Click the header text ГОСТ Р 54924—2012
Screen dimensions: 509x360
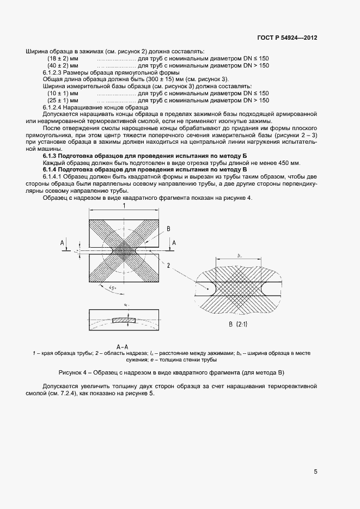(288, 38)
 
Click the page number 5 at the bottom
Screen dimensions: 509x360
(316, 472)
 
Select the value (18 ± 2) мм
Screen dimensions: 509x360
(63, 58)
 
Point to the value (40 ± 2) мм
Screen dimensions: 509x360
(63, 65)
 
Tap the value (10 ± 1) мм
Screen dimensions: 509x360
(63, 94)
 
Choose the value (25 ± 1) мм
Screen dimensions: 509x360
(63, 101)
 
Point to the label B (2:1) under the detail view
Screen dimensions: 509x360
(235, 324)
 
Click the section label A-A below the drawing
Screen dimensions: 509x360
(123, 346)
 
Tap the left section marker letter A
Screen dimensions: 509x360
(63, 243)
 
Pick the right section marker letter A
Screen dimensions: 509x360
(174, 243)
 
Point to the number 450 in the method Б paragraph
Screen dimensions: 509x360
(277, 163)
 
